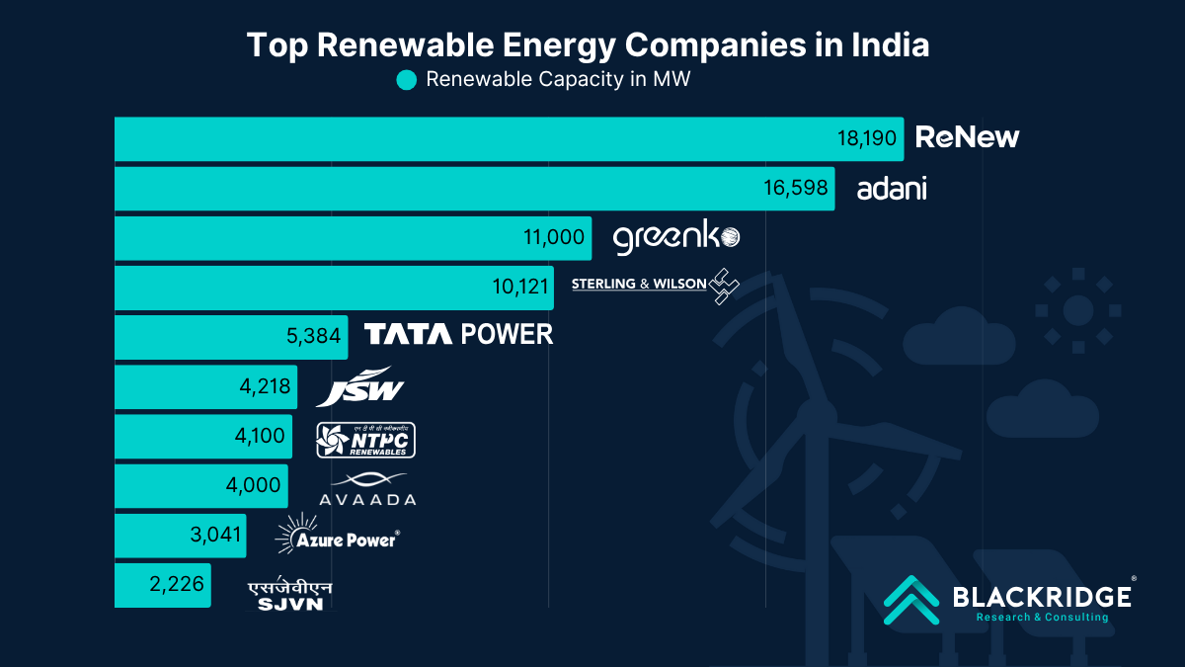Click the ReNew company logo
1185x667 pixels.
967,137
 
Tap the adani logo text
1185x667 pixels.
892,188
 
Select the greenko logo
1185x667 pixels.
675,238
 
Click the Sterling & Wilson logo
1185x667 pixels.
655,285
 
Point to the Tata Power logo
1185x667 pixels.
459,335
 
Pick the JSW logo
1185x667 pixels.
360,386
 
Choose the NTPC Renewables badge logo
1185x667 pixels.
365,439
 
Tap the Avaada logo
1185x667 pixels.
367,488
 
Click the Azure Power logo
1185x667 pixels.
337,535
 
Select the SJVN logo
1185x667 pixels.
289,595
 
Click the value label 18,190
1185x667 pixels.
867,138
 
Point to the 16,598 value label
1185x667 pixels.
796,188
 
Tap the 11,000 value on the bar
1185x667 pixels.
555,238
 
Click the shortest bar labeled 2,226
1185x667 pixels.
163,585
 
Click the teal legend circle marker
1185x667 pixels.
406,80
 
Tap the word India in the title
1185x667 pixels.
891,44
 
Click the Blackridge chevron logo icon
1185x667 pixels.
910,600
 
